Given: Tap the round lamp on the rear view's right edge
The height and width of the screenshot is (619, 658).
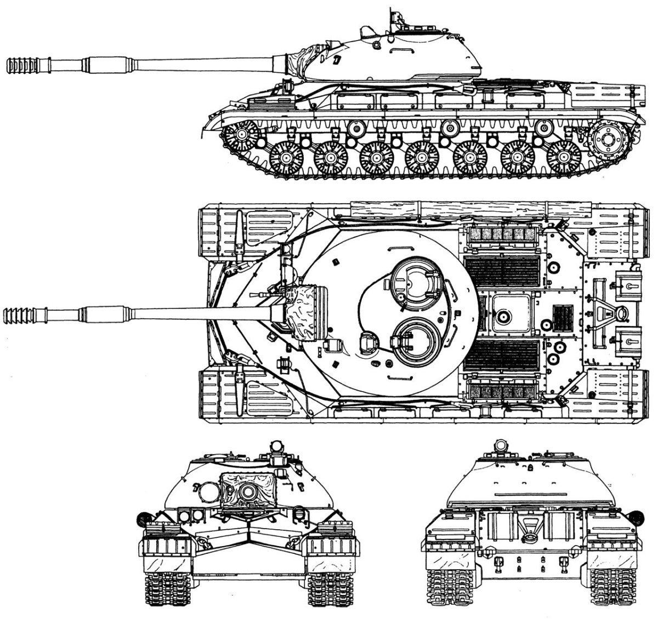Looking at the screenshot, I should click(636, 516).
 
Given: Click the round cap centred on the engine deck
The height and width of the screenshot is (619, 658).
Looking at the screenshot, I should click(502, 316).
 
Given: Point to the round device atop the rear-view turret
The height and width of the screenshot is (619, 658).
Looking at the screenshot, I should click(500, 444).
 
